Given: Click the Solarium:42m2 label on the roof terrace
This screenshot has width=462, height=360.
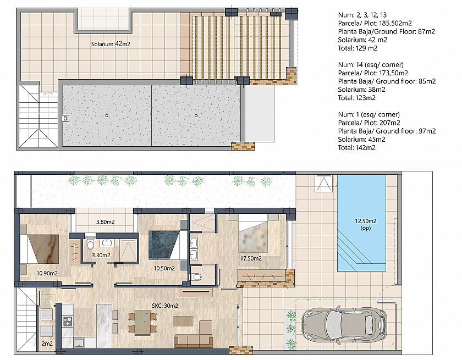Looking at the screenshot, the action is click(111, 44).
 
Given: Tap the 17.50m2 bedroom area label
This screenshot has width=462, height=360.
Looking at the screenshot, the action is click(251, 258).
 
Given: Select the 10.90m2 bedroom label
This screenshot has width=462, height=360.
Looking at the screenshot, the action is click(47, 273).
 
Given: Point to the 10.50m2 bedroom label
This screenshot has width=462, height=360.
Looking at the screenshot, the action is click(164, 268).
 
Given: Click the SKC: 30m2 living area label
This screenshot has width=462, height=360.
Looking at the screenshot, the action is click(165, 306).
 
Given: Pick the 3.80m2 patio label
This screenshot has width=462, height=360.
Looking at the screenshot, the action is click(106, 222).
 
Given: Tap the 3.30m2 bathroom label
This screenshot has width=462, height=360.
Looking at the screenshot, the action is click(101, 255).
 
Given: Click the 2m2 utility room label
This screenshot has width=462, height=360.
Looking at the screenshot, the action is click(47, 344).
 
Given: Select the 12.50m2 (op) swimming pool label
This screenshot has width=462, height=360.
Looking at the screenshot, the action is click(366, 224).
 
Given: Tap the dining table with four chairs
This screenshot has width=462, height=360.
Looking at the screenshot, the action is click(142, 323).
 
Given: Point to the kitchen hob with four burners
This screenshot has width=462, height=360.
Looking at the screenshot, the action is click(68, 321).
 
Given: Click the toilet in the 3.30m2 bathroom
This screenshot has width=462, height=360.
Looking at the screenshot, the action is click(90, 245).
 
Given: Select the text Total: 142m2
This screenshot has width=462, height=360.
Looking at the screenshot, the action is click(357, 148).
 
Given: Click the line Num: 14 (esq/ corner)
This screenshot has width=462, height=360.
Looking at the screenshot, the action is click(371, 65).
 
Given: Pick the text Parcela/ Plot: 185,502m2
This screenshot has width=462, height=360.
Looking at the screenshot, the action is click(375, 23).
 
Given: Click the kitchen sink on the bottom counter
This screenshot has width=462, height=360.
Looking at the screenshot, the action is click(79, 343).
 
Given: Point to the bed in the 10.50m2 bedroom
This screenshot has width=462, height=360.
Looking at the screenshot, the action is click(168, 245).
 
